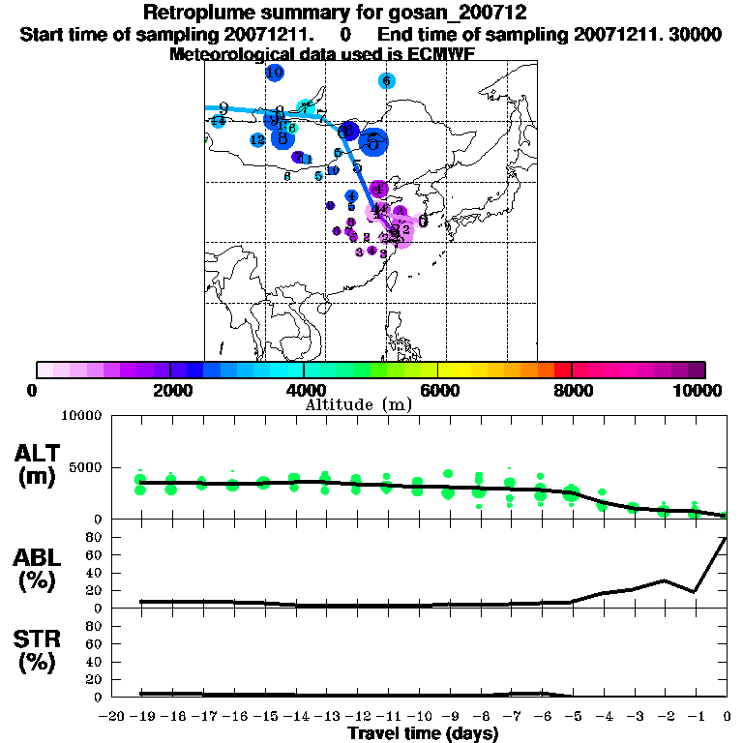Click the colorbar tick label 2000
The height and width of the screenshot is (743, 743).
169,390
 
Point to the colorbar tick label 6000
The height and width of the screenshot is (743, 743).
437,390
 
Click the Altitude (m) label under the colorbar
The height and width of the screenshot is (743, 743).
359,404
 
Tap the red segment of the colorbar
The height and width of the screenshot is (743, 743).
562,370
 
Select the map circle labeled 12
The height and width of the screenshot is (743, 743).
257,140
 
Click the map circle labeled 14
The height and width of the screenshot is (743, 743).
218,121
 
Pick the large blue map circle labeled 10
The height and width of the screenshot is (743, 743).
275,73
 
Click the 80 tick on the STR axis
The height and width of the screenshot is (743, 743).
96,626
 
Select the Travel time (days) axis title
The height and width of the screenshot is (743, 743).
423,733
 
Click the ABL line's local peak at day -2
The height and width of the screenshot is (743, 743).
664,580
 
